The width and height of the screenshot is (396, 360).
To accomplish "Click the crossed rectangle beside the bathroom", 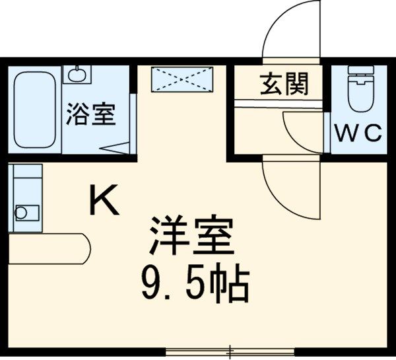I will tap(181, 79).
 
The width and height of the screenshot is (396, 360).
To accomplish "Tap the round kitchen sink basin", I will tap(22, 213).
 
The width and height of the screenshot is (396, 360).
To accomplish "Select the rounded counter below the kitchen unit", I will tap(49, 248).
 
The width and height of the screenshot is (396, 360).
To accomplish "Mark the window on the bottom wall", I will tap(231, 351).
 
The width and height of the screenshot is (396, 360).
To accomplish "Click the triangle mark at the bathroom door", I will tap(117, 149).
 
